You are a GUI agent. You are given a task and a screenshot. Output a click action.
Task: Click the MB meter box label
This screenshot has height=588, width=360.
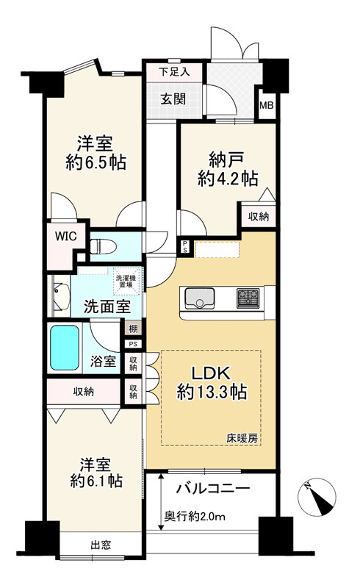click(267, 105)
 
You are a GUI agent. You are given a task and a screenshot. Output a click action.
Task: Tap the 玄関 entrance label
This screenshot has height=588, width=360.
click(173, 99)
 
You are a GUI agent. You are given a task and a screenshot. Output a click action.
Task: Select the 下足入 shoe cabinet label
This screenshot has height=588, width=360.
click(174, 71)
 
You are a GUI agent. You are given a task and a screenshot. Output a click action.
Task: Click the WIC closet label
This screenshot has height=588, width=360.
click(65, 236)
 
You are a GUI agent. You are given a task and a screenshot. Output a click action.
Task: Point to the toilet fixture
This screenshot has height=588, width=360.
click(103, 247)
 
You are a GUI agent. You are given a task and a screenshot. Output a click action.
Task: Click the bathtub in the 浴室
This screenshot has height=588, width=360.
click(65, 348)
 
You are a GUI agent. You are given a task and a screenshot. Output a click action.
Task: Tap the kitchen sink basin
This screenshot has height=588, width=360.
click(199, 298)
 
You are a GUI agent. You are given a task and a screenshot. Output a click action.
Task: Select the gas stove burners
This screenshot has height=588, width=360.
click(248, 298)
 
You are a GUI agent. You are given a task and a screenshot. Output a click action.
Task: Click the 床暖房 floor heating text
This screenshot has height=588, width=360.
click(242, 438)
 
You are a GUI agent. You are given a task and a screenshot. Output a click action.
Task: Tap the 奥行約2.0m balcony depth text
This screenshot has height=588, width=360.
click(195, 517)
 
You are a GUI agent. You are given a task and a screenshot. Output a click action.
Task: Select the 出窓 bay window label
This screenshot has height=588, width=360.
click(101, 545)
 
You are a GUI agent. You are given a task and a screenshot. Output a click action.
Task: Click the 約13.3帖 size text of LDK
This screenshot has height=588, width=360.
click(212, 393)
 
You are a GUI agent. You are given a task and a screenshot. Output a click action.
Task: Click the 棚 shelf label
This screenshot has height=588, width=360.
click(133, 329)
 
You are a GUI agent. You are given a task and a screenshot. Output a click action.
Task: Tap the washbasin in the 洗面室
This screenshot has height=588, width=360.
click(61, 296)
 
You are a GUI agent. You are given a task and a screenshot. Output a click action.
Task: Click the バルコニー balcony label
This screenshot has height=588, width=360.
click(213, 489)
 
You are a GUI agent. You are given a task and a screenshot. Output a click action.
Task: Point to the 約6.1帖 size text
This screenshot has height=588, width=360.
click(96, 481)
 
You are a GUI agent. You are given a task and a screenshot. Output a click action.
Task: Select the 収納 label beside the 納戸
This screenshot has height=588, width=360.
click(259, 216)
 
